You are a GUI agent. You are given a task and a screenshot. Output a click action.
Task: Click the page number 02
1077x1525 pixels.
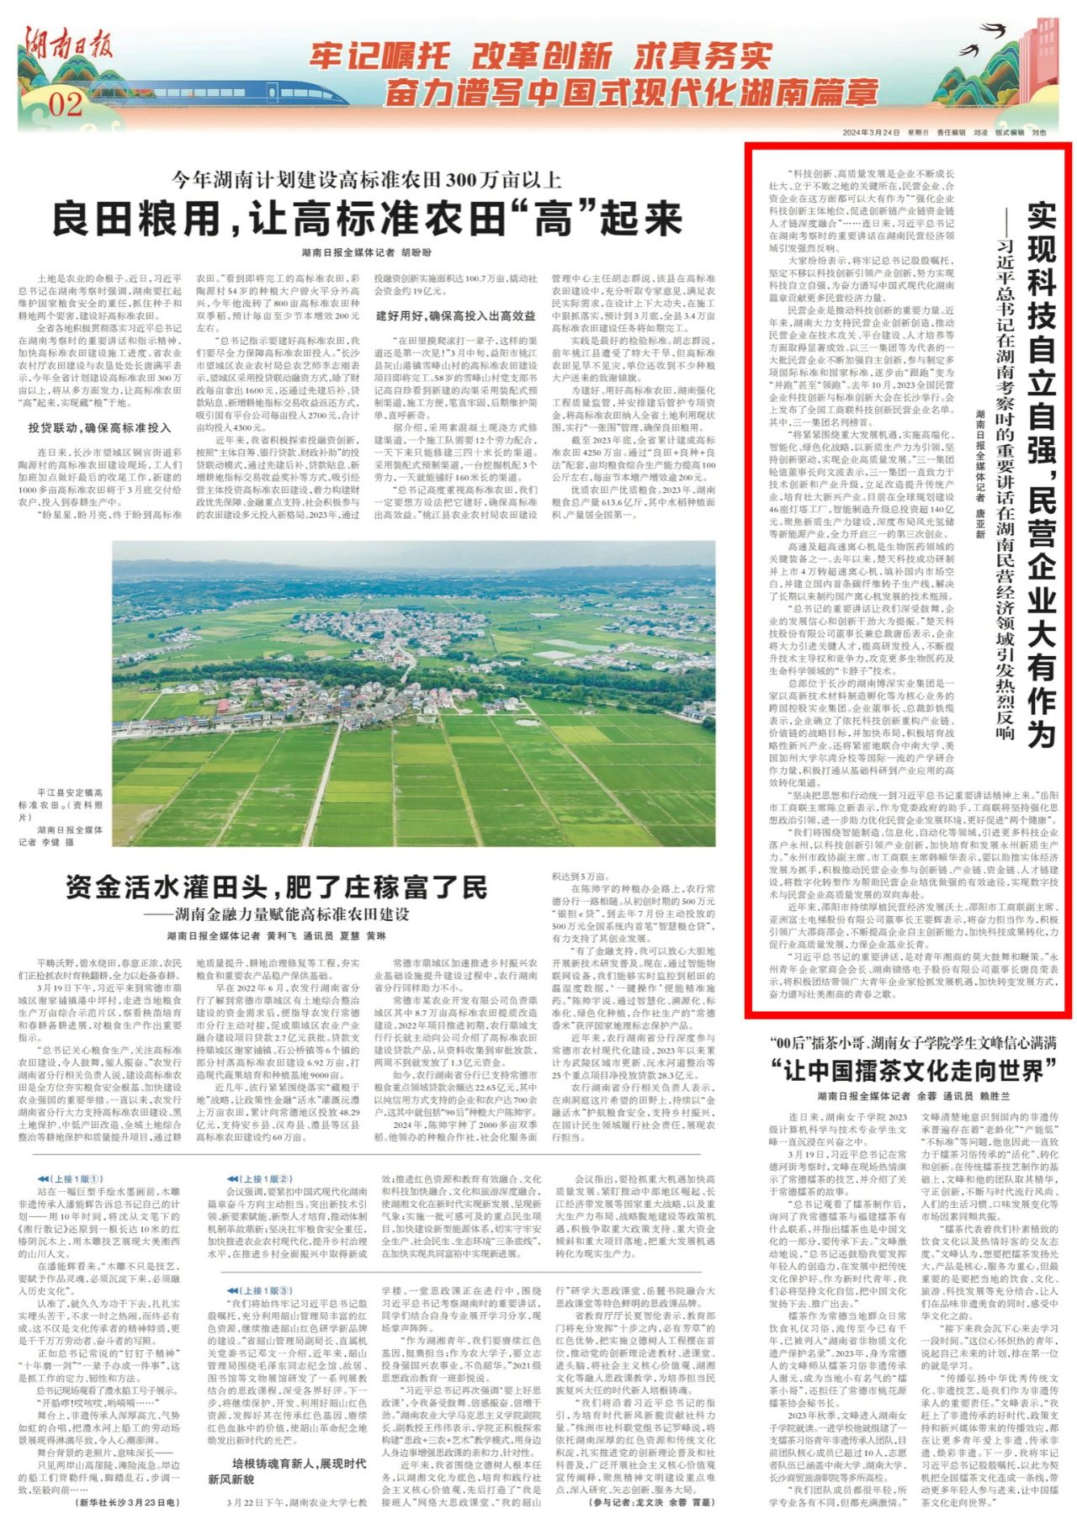coord(66,104)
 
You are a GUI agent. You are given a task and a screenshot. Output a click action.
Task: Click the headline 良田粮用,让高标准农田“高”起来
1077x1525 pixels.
coord(367,219)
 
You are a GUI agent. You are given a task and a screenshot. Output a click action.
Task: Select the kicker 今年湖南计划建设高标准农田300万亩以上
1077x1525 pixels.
coord(367,179)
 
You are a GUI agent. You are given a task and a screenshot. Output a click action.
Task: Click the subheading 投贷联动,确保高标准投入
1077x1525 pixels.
coord(99,427)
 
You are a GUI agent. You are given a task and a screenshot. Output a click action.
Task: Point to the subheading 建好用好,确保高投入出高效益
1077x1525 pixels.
coord(455,315)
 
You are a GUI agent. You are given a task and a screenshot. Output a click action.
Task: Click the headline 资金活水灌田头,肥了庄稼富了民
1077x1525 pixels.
coord(276,887)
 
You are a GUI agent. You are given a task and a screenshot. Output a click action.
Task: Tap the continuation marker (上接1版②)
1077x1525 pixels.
coord(260,1178)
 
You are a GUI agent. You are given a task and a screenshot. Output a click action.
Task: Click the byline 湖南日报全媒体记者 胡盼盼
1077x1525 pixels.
coord(367,252)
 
